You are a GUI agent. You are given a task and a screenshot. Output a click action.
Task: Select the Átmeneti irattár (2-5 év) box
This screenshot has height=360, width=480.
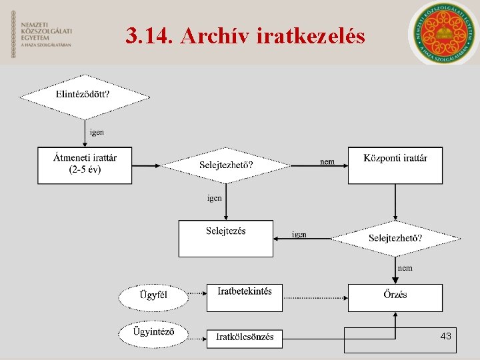85,165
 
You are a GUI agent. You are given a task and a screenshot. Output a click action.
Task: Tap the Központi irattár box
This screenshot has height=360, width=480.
395,165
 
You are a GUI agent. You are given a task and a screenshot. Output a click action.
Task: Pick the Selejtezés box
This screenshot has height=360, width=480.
225,239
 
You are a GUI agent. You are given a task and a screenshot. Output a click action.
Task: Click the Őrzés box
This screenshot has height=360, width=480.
395,297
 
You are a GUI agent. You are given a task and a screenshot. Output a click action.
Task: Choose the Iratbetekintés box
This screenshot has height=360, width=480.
244,297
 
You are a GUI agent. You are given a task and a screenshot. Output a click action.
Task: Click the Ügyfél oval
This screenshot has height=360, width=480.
153,297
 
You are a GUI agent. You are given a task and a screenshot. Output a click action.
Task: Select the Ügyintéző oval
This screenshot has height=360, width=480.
153,333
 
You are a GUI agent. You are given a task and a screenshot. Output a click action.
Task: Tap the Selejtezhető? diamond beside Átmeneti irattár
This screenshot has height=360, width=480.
226,165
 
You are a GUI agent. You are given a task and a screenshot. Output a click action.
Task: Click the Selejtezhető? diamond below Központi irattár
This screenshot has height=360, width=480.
395,239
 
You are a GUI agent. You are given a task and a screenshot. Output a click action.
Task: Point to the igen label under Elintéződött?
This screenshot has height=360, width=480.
97,132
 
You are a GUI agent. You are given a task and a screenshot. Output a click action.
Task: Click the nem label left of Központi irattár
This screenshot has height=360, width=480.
327,161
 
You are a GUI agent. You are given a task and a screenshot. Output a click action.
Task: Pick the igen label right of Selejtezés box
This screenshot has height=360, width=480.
299,235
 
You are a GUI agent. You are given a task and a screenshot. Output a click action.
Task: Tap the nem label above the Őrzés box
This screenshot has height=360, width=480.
405,268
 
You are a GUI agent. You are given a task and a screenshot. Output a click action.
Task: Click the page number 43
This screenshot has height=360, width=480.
445,336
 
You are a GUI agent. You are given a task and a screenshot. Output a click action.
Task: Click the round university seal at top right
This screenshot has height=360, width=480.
443,32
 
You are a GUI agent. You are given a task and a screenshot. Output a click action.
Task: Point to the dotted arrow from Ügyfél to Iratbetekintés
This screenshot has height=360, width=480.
197,293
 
